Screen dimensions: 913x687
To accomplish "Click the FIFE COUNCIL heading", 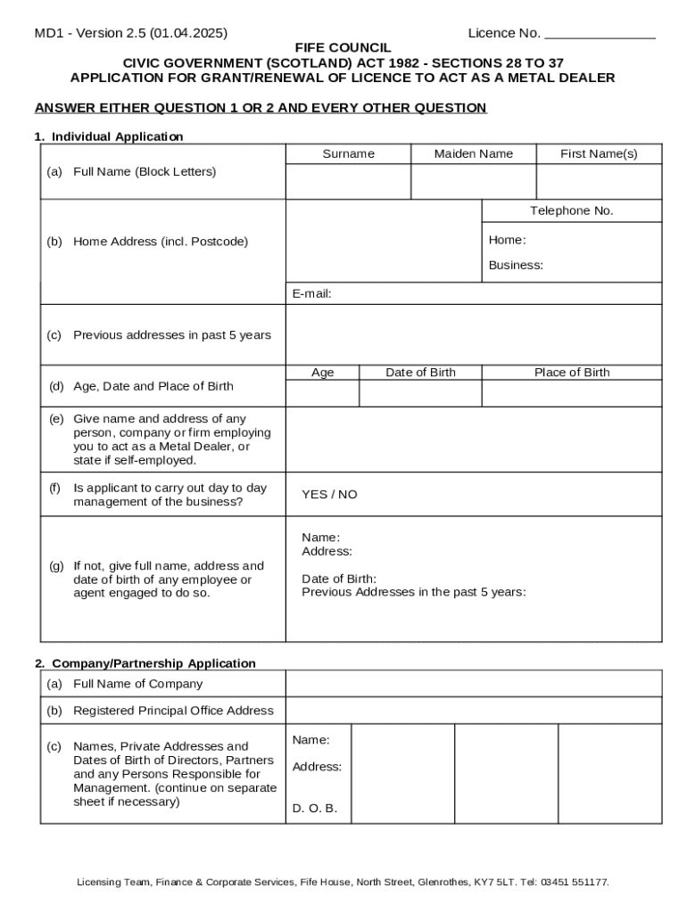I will tap(343, 47).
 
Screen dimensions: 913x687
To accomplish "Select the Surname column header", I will tap(348, 154).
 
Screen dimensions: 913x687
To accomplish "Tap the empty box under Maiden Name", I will tap(473, 182).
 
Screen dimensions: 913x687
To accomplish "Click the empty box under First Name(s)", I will tap(599, 182).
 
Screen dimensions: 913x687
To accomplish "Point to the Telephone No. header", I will tap(572, 211).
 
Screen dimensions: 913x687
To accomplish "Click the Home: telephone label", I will tap(507, 240).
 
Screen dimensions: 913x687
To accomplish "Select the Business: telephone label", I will tap(516, 266).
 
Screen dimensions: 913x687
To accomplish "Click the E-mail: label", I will tap(312, 294).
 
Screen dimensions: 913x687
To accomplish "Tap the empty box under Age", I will tap(322, 393).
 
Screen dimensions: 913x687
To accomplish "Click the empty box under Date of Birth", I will tap(420, 393).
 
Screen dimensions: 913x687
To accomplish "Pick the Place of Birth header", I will tap(572, 373).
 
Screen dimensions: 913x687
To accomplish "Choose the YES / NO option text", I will tap(329, 495).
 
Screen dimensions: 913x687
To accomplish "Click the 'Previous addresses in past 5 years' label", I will tap(171, 335).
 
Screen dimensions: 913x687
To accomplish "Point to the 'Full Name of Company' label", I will tap(137, 684).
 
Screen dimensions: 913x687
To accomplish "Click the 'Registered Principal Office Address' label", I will tap(173, 711).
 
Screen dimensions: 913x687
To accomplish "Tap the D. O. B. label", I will tap(314, 810).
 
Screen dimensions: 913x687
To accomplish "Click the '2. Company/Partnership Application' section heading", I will tap(145, 663).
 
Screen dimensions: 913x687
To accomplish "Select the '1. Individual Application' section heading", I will tap(109, 136).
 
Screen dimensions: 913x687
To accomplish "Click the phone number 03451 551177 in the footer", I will tap(574, 882).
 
